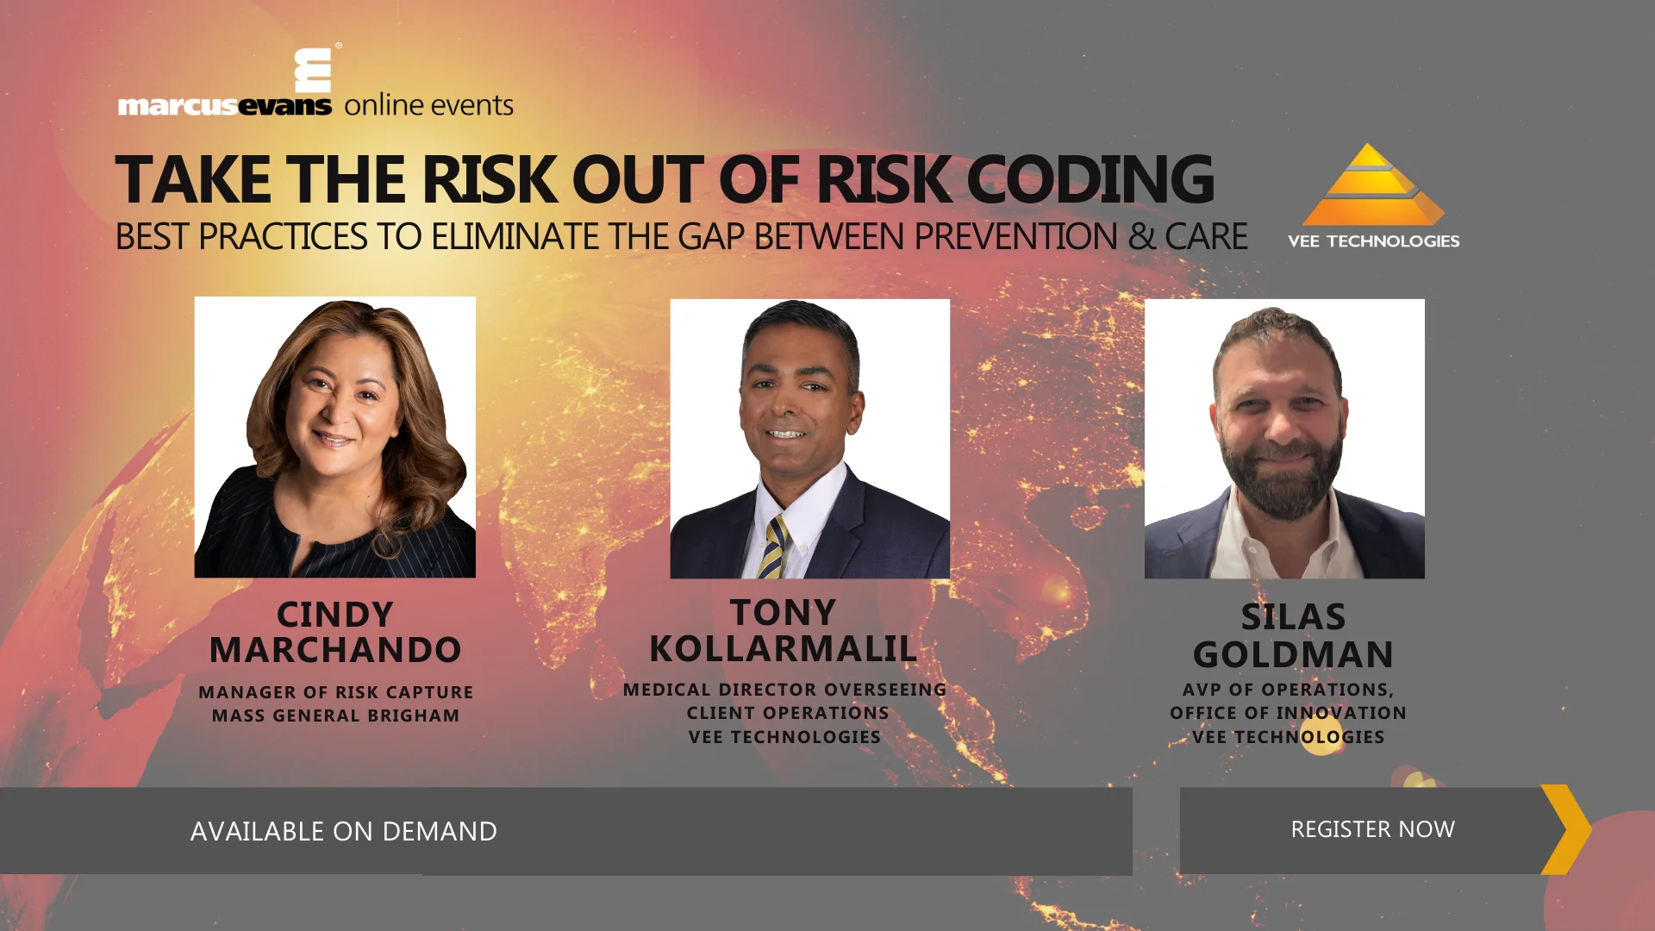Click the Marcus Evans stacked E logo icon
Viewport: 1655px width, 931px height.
click(x=313, y=71)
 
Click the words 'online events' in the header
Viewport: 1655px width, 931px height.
click(x=428, y=105)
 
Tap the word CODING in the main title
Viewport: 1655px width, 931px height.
click(x=1090, y=180)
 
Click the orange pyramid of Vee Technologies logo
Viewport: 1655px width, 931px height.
click(x=1372, y=187)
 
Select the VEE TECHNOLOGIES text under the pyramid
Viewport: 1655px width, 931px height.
click(x=1373, y=241)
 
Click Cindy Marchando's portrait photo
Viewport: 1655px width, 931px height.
click(x=334, y=437)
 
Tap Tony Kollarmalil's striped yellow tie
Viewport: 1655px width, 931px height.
click(x=773, y=547)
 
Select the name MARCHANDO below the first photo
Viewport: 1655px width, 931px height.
click(x=334, y=650)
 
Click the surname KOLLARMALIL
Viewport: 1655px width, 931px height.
click(x=783, y=649)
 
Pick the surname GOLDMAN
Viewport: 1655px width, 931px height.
click(x=1292, y=655)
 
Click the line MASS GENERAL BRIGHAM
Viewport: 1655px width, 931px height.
click(x=335, y=715)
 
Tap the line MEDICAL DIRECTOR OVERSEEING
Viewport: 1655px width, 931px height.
click(x=784, y=690)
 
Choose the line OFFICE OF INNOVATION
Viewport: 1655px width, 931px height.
click(x=1288, y=713)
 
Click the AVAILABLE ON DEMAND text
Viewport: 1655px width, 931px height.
click(x=343, y=831)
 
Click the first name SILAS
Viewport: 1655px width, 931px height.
click(x=1292, y=617)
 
